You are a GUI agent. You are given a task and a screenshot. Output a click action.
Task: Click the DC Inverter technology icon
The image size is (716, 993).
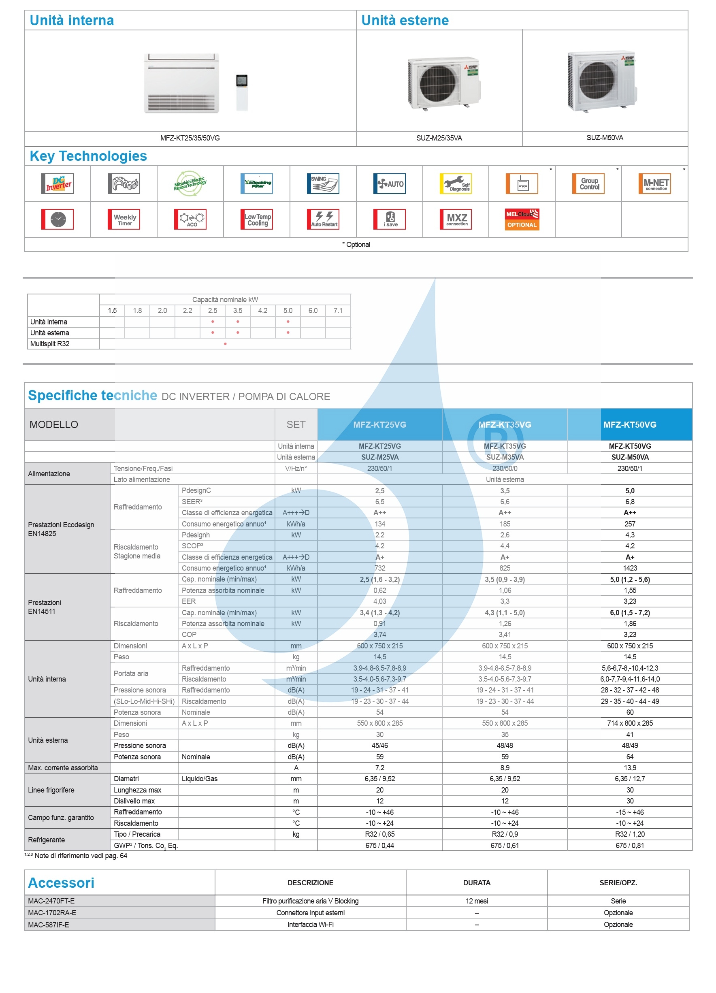(x=58, y=184)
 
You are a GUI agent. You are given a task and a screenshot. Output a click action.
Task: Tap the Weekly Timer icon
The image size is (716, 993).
(x=124, y=219)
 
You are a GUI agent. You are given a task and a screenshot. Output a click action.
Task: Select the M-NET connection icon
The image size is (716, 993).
(x=655, y=184)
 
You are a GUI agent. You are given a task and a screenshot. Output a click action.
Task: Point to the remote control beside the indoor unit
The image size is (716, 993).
(x=242, y=92)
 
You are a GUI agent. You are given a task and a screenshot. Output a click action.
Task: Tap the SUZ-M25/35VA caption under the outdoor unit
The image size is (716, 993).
(x=439, y=138)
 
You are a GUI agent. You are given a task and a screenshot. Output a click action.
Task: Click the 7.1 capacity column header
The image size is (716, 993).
(x=338, y=311)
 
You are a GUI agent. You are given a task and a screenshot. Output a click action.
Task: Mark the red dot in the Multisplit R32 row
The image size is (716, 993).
(x=225, y=344)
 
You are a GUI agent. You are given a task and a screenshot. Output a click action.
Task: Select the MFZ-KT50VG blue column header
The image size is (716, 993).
(x=629, y=424)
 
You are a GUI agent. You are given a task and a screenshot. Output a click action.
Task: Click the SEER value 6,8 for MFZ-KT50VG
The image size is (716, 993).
(x=629, y=502)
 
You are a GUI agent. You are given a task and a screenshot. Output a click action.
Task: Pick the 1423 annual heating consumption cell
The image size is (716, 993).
(x=629, y=568)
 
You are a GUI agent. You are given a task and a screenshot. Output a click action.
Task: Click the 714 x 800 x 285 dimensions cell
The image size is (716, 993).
(x=629, y=723)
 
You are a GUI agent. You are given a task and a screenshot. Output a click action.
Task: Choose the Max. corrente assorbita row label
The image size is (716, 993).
(x=63, y=767)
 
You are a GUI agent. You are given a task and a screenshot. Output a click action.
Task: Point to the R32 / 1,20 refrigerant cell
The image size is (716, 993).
(x=629, y=834)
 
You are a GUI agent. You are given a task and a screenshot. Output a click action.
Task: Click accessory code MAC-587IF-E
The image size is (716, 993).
(x=49, y=925)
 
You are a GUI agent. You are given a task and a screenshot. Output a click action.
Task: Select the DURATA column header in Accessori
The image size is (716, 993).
(x=477, y=883)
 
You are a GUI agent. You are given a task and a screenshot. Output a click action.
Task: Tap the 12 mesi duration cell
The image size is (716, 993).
(x=477, y=901)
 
